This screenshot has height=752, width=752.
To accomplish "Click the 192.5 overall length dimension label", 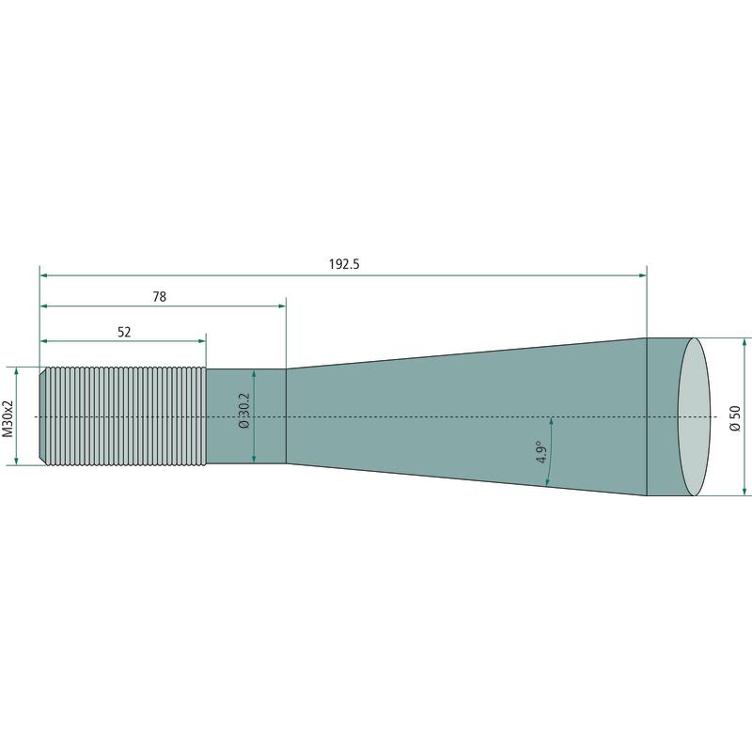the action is [344, 264].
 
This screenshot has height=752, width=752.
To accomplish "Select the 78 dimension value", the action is [159, 297].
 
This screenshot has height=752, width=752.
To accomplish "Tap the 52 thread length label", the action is [124, 332].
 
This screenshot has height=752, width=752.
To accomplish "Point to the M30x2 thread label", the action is [8, 416].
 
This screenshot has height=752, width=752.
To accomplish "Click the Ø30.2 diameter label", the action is [244, 411].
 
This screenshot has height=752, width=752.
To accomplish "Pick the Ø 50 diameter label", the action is [735, 417].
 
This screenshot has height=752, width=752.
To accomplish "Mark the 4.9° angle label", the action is [542, 452].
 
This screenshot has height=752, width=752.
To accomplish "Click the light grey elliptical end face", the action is [694, 416].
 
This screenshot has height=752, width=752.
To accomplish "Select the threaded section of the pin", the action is [123, 416].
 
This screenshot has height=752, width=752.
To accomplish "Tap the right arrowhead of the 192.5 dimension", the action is [643, 275].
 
